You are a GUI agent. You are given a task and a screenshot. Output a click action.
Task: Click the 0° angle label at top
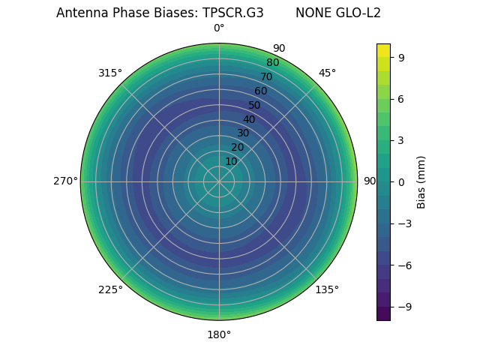219,28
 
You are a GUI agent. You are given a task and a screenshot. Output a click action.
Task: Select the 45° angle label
327,73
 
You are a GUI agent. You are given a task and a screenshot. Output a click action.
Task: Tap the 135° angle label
327,289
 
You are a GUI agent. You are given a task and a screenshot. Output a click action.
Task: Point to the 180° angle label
219,334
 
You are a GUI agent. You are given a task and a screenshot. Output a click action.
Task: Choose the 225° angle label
110,289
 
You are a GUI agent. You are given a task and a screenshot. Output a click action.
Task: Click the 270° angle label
65,181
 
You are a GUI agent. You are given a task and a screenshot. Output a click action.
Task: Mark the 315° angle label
110,73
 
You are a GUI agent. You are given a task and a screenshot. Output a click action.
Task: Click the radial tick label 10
231,161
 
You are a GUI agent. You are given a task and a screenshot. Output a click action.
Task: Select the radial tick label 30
243,133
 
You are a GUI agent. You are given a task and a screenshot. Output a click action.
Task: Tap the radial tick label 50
255,105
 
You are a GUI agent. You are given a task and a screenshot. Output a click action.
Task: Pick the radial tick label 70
266,76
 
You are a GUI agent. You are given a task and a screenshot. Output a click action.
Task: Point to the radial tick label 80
272,63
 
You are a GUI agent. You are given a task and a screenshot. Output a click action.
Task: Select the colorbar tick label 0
401,181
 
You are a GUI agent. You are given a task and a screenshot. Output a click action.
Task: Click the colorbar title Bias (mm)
421,181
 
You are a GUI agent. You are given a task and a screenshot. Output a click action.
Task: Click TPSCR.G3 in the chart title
232,13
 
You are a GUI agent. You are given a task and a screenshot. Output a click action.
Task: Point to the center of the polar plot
219,181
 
